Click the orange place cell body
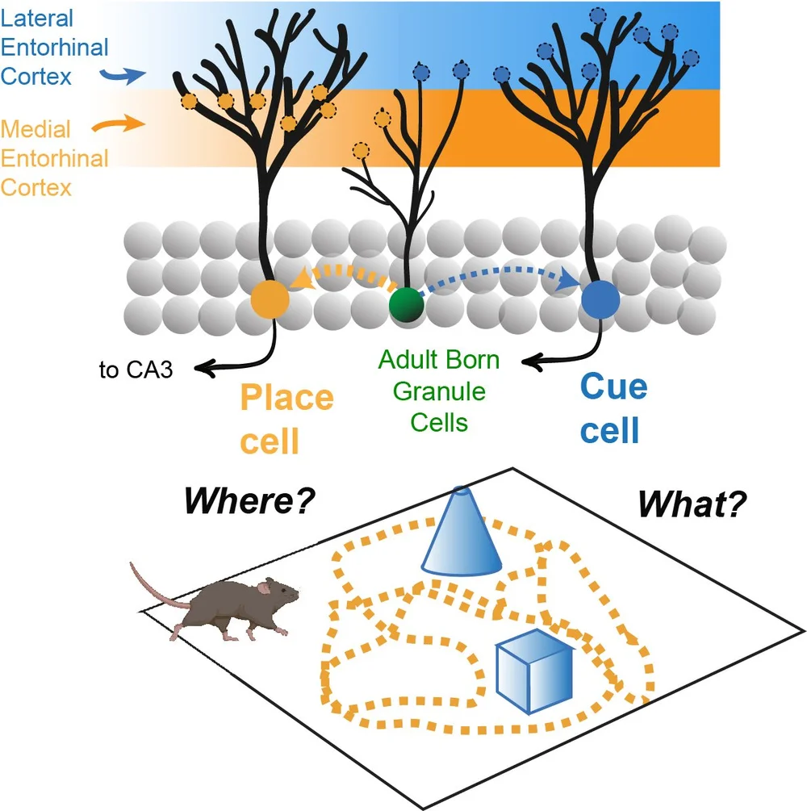pyautogui.click(x=270, y=298)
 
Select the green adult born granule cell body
pyautogui.click(x=406, y=305)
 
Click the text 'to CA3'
pyautogui.click(x=147, y=371)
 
